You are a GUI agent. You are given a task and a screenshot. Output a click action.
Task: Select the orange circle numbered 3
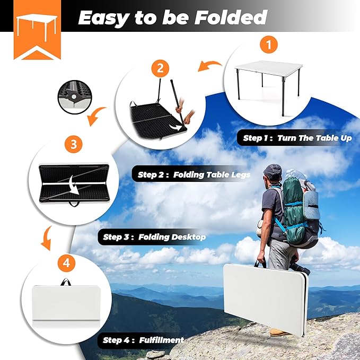[x=73, y=144]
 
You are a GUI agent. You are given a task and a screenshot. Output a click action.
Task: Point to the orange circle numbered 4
[x=65, y=262]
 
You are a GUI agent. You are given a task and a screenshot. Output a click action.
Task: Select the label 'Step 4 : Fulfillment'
[x=143, y=340]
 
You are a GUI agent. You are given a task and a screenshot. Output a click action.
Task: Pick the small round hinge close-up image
[x=72, y=96]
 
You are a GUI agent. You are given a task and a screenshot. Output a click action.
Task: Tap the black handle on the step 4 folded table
[x=66, y=282]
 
